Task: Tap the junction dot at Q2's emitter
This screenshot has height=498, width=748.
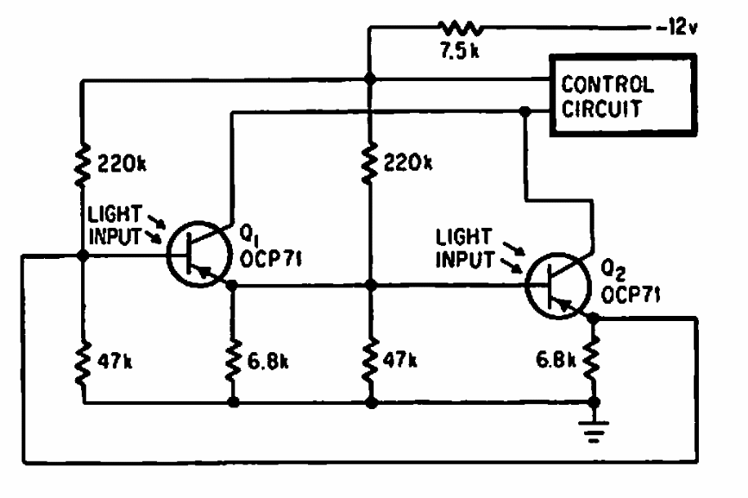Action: [x=594, y=318]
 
